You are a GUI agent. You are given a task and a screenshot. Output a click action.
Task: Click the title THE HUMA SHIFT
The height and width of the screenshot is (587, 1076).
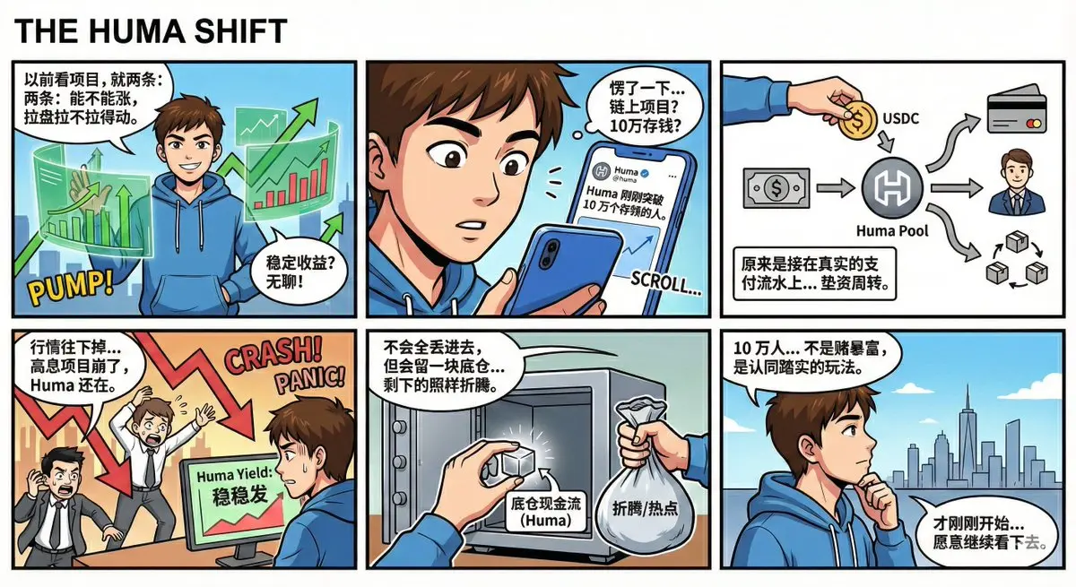pyautogui.click(x=151, y=30)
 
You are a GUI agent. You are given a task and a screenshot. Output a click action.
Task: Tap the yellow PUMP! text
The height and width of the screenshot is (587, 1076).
pyautogui.click(x=70, y=287)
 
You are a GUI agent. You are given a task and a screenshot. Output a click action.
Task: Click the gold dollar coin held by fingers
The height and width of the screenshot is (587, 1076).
pyautogui.click(x=858, y=119)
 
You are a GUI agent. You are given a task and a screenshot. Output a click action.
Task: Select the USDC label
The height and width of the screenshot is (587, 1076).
pyautogui.click(x=900, y=118)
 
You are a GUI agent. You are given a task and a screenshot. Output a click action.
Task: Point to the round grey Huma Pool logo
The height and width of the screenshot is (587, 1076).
pyautogui.click(x=892, y=187)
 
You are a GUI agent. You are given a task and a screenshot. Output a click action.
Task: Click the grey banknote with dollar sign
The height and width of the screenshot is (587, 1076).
pyautogui.click(x=777, y=187)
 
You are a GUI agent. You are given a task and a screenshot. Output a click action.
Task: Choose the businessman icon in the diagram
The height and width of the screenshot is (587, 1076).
pyautogui.click(x=1017, y=183)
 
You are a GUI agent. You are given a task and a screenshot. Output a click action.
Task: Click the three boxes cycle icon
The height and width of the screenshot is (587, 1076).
pyautogui.click(x=1015, y=260)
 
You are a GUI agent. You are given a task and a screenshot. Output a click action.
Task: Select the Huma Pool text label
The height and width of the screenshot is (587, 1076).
pyautogui.click(x=892, y=231)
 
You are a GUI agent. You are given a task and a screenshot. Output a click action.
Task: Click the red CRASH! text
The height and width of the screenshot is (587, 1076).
pyautogui.click(x=273, y=356)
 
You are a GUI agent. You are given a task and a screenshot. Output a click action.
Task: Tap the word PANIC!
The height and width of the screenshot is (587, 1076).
pyautogui.click(x=310, y=381)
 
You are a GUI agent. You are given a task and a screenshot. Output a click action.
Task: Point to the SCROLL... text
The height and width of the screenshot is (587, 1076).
pyautogui.click(x=665, y=282)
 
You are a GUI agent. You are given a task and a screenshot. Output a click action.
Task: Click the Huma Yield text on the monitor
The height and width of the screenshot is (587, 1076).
pyautogui.click(x=234, y=475)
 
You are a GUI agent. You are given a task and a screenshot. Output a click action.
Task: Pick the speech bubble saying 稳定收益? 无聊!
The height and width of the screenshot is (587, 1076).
pyautogui.click(x=299, y=272)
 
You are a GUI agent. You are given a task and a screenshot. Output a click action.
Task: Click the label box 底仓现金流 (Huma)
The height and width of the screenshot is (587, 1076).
pyautogui.click(x=545, y=511)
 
